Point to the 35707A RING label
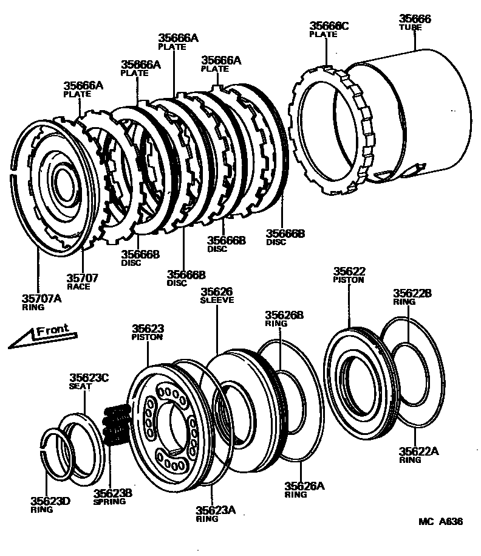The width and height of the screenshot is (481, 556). tap(41, 302)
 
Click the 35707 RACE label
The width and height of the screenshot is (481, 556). tap(82, 281)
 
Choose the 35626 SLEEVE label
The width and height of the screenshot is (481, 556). tap(217, 295)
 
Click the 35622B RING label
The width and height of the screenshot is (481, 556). tap(412, 296)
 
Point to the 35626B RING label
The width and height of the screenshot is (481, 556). tap(284, 318)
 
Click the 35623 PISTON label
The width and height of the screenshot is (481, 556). tap(148, 332)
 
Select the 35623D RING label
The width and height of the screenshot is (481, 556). tap(50, 504)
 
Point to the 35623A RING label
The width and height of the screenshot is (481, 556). tap(215, 513)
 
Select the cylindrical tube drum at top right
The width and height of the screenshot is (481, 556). tap(413, 116)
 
